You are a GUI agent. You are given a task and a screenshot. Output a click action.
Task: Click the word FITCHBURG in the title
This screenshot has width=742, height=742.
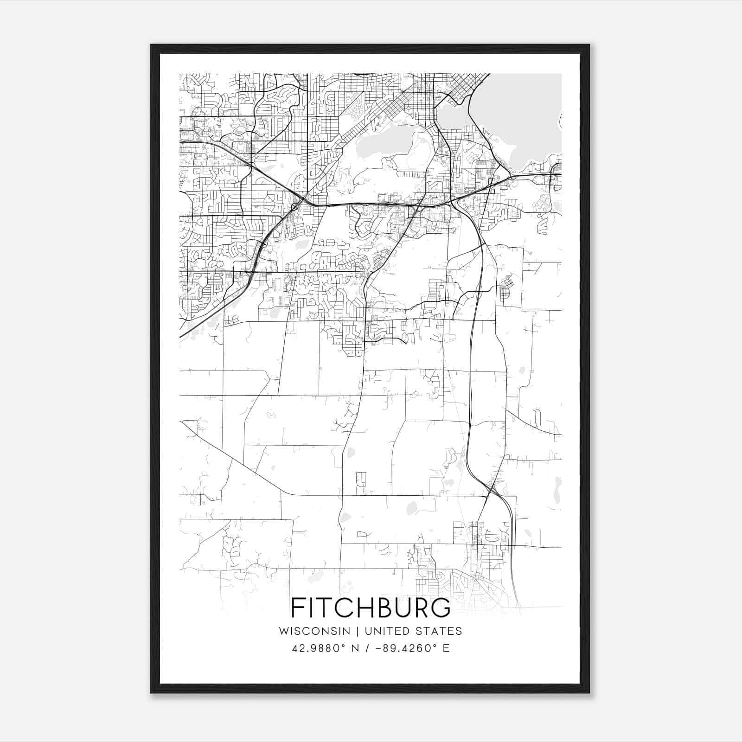[371, 608]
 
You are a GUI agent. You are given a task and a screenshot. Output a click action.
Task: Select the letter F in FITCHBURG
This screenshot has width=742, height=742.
[297, 608]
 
